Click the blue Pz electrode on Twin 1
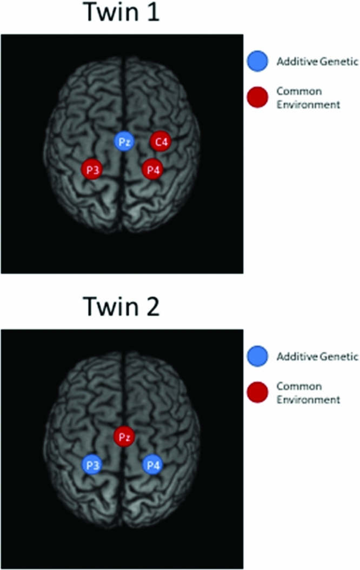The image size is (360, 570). pyautogui.click(x=123, y=142)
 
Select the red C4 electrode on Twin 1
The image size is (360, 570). pyautogui.click(x=161, y=142)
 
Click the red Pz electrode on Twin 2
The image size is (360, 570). pyautogui.click(x=124, y=436)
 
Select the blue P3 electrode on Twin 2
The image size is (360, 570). pyautogui.click(x=92, y=465)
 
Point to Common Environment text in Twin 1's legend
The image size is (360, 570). pyautogui.click(x=308, y=98)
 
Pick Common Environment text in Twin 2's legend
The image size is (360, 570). pyautogui.click(x=308, y=393)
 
